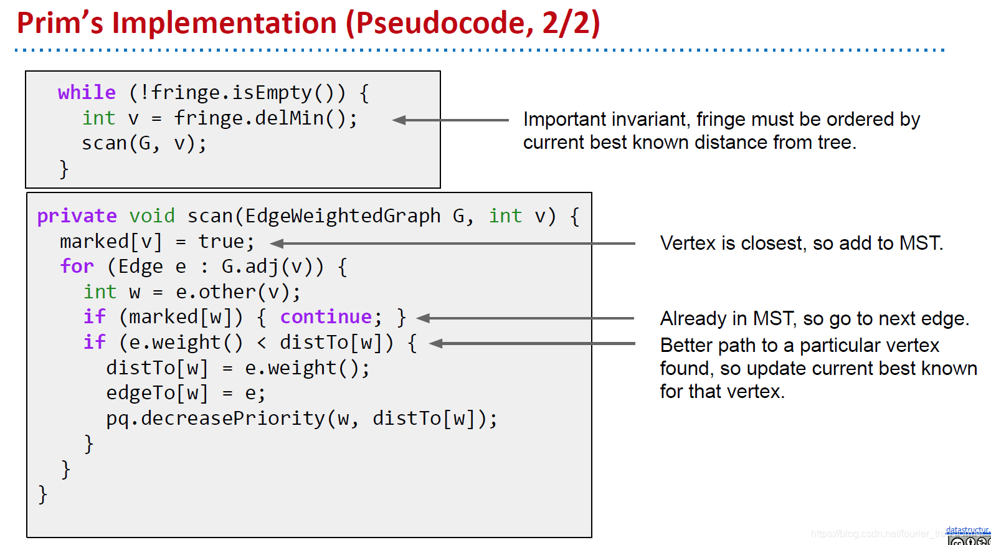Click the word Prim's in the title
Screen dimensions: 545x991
point(60,23)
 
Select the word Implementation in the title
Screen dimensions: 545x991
point(224,23)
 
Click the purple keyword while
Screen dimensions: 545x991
point(87,93)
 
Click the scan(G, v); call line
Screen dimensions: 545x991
point(144,143)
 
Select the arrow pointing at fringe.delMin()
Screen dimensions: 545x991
point(450,120)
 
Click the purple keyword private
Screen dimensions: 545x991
point(77,216)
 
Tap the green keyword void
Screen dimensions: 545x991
point(151,216)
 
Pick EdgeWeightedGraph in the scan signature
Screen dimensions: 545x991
point(343,216)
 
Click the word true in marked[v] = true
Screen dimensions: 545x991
point(220,242)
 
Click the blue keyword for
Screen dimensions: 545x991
point(77,267)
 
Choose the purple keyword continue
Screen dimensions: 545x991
point(326,317)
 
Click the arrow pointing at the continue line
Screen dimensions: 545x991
point(525,318)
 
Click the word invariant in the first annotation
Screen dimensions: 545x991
point(650,119)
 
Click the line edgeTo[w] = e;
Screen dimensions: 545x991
point(186,393)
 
